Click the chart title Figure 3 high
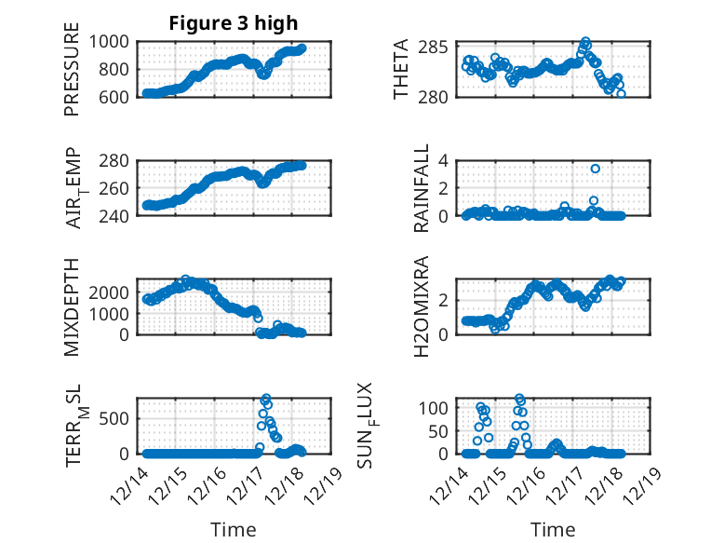[x=233, y=23]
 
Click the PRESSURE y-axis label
[x=72, y=70]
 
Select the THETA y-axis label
[x=401, y=70]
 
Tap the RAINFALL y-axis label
[x=422, y=188]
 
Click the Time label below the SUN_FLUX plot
[x=553, y=530]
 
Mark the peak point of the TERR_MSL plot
[x=266, y=399]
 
